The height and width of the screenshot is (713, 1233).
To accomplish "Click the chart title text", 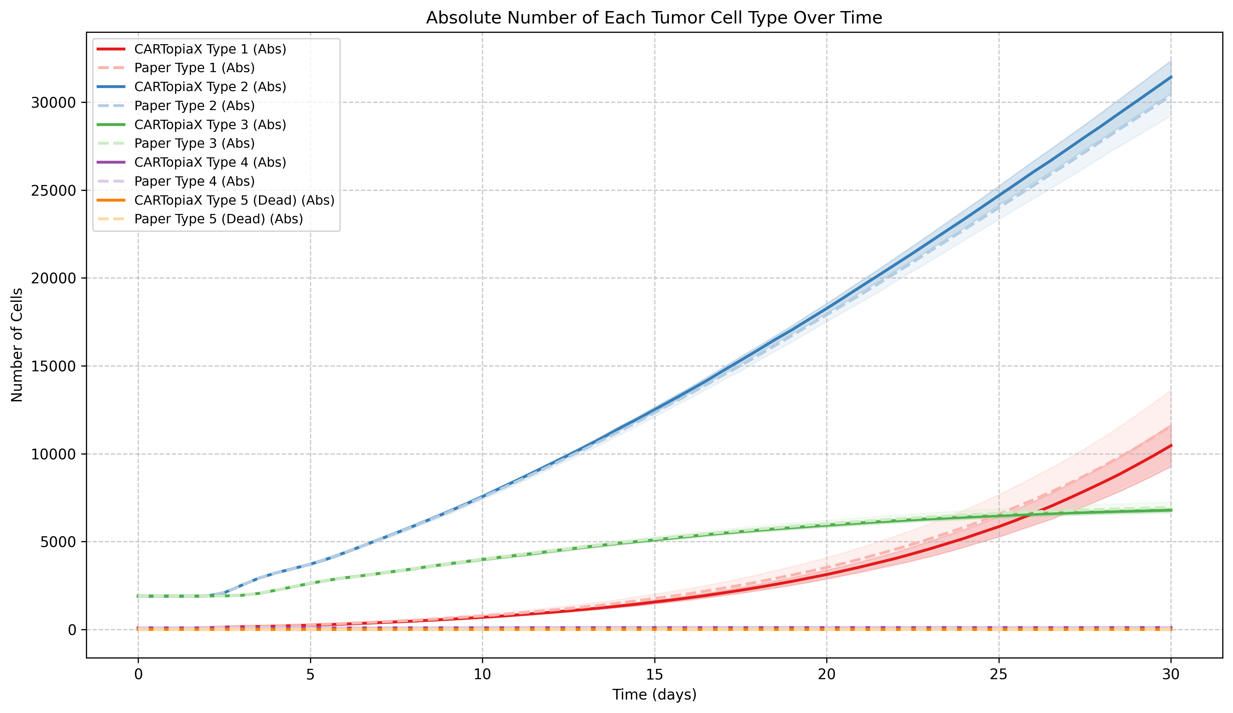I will [x=654, y=18].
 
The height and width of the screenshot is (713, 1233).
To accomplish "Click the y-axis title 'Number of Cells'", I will [x=17, y=345].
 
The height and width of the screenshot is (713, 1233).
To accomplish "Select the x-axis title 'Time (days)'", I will [x=654, y=694].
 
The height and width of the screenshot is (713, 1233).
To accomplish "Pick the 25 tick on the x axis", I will [x=999, y=674].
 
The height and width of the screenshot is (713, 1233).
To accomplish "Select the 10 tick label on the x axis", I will [x=482, y=674].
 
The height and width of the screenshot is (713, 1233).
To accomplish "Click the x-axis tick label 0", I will [x=138, y=674].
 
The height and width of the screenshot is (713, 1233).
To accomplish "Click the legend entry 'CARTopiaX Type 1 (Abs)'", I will [x=210, y=49].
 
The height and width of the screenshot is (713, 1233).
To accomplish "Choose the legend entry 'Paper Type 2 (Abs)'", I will [x=194, y=106].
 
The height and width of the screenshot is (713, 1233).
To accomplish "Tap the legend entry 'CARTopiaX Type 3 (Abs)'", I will [x=210, y=125].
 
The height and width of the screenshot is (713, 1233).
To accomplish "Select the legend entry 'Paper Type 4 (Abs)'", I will [x=194, y=182].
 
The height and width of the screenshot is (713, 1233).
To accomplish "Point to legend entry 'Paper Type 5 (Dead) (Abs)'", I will [x=219, y=219].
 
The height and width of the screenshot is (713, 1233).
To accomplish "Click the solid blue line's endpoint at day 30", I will [x=1171, y=77].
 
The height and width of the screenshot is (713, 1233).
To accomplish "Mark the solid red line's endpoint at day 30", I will [x=1171, y=446].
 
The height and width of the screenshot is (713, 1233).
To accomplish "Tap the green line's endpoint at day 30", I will [x=1171, y=510].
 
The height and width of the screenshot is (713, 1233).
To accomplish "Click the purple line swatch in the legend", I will [x=111, y=162].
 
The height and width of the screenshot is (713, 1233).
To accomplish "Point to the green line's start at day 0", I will [x=138, y=596].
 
